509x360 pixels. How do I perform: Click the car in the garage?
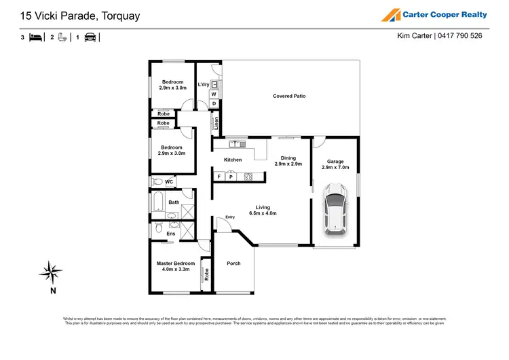pos(335,208)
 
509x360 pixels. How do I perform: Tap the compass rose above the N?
pos(51,272)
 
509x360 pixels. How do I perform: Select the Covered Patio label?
pos(289,96)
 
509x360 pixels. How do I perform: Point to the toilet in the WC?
pos(157,182)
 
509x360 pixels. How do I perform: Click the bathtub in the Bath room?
pos(157,203)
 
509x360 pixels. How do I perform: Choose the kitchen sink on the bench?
pos(238,143)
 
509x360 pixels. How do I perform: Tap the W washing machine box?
pos(213,94)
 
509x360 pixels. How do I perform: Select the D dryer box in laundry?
pos(213,104)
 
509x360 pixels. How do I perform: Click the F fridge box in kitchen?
pos(219,177)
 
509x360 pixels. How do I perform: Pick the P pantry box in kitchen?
pos(231,177)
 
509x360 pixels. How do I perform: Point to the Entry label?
pos(230,217)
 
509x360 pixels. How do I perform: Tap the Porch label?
pos(233,264)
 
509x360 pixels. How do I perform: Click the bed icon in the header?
pos(35,38)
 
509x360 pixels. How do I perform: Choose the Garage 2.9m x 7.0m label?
pos(336,164)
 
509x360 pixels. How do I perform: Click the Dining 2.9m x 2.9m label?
pos(288,161)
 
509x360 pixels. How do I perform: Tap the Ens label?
pos(170,234)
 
